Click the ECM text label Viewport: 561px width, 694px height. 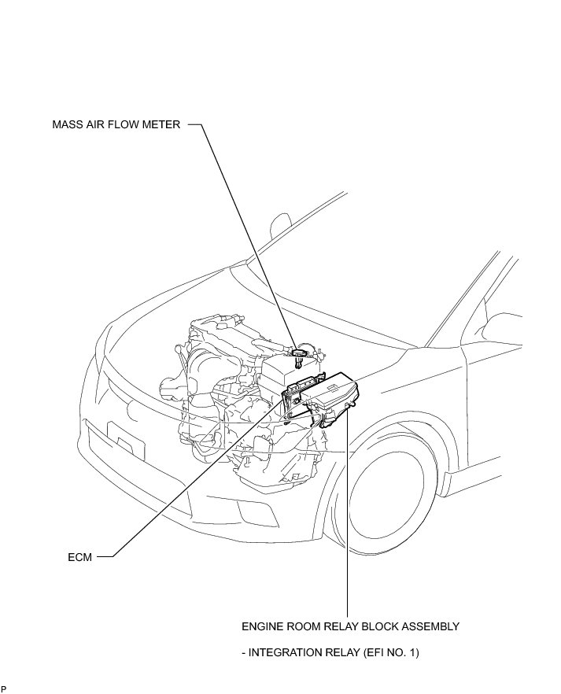click(80, 557)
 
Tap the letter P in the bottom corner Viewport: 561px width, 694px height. click(4, 688)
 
